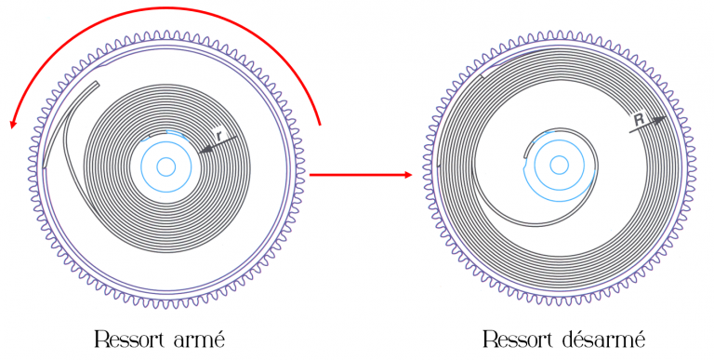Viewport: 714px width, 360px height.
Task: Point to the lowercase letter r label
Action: (220, 135)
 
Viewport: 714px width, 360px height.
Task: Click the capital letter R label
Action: (640, 120)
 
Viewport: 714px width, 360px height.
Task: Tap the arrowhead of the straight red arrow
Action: (408, 175)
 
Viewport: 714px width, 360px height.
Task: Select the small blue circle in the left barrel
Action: (166, 167)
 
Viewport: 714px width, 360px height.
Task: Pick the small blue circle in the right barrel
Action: (559, 165)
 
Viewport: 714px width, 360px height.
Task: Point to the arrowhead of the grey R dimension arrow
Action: (659, 120)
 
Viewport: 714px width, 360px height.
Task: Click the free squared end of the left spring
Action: (97, 84)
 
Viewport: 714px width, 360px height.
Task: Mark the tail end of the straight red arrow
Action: (311, 175)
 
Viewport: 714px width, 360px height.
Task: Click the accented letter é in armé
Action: (219, 339)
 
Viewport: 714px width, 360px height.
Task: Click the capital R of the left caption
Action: (101, 339)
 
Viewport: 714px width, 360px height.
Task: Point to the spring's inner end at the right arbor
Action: (526, 156)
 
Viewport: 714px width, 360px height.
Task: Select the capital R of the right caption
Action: (491, 339)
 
